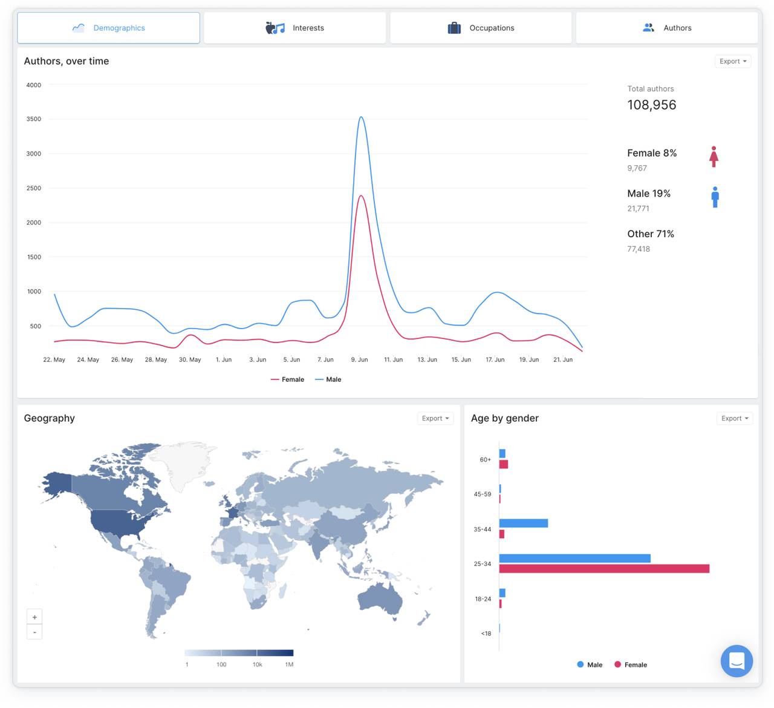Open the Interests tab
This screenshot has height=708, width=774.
tap(295, 28)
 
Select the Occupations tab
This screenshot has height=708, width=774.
tap(481, 28)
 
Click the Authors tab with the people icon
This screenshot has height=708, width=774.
tap(667, 28)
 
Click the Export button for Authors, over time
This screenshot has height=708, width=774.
tap(733, 61)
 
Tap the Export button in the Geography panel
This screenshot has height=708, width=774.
tap(435, 418)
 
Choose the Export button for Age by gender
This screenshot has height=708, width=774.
tap(734, 418)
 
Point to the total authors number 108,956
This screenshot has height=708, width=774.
tap(651, 105)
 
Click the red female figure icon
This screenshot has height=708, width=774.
tap(714, 157)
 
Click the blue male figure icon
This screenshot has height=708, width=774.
tap(715, 197)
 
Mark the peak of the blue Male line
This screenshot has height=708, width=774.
tap(361, 117)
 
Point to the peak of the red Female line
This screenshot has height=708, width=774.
tap(361, 195)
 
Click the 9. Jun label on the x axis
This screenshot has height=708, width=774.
tap(359, 359)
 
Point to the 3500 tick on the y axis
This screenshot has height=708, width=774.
tap(34, 119)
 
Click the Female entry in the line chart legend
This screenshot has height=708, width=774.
tap(288, 379)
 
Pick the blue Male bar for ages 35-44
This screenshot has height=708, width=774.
tap(523, 523)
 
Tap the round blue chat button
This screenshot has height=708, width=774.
tap(737, 661)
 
